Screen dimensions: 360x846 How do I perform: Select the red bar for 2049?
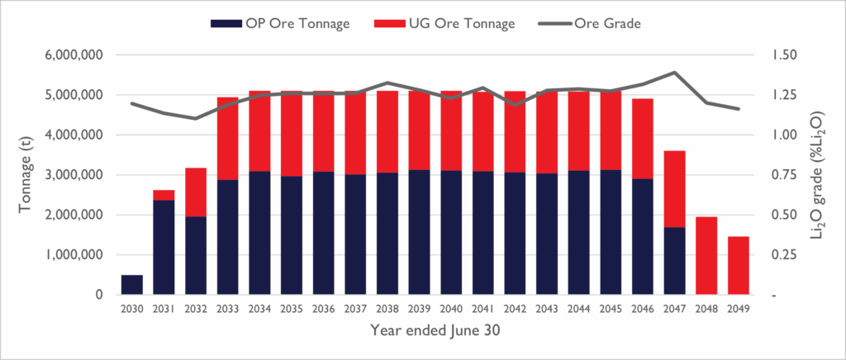(739, 266)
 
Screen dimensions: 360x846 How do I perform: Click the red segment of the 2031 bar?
(164, 195)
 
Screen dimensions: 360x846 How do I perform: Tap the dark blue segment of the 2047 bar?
(674, 261)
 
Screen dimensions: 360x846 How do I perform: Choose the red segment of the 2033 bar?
(228, 139)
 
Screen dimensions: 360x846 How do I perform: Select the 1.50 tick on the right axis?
(784, 55)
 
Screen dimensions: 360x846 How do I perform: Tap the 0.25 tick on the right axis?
(784, 255)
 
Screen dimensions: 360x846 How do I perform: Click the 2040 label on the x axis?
(451, 309)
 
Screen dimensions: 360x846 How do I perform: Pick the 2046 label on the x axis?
(643, 309)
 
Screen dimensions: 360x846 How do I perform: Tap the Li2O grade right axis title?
(820, 175)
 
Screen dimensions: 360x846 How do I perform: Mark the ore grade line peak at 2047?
(675, 73)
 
